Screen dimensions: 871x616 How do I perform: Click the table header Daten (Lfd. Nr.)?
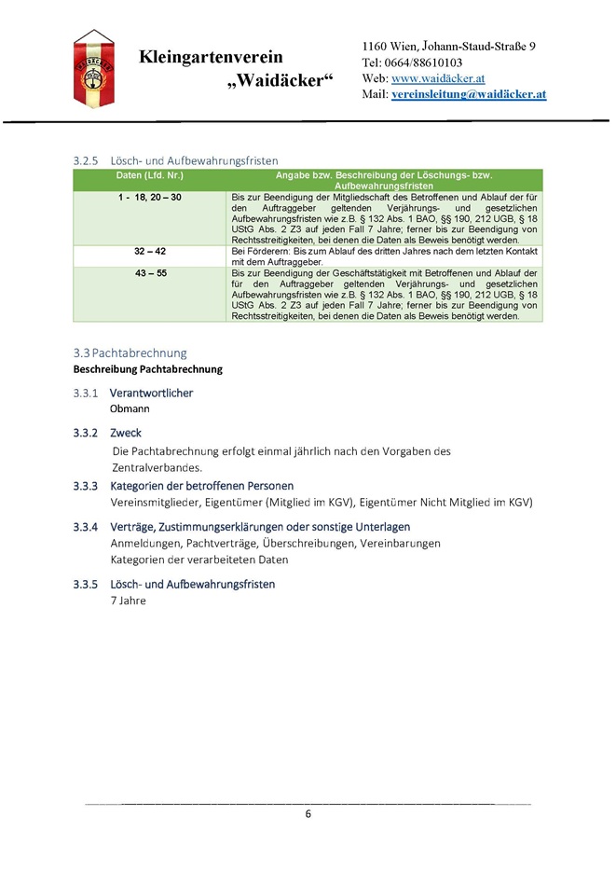[x=149, y=175]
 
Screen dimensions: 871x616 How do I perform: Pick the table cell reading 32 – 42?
[x=149, y=252]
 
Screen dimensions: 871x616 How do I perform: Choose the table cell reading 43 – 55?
[x=149, y=272]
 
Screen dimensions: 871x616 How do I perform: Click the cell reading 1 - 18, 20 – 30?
[x=149, y=198]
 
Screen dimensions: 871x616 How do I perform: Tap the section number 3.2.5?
[x=86, y=160]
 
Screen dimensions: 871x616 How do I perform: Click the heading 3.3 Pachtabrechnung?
[x=130, y=353]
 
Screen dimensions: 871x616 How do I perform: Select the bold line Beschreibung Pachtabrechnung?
[x=147, y=369]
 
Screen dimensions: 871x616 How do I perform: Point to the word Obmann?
[x=130, y=408]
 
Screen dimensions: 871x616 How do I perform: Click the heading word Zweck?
[x=126, y=433]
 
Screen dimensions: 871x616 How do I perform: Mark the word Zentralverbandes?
[x=157, y=467]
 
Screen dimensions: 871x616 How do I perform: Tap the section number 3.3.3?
[x=86, y=486]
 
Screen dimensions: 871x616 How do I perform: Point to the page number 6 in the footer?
[x=308, y=814]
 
